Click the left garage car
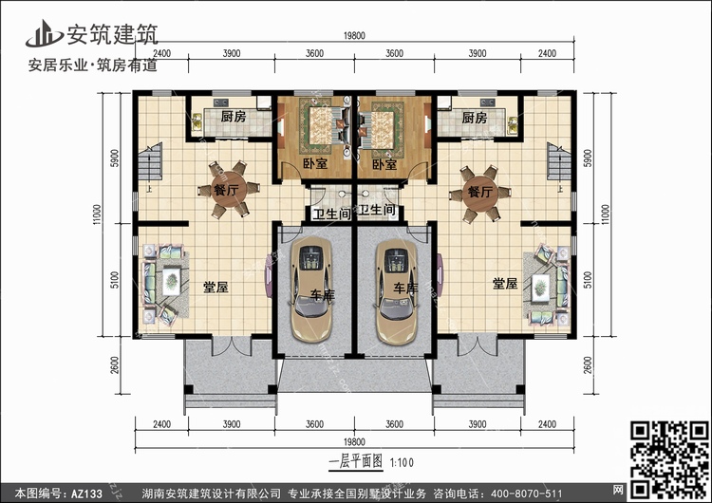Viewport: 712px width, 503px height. [x=312, y=289]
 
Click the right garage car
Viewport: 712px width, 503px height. [x=397, y=291]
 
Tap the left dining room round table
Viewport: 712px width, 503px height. [x=229, y=189]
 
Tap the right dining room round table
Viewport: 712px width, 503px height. [x=480, y=193]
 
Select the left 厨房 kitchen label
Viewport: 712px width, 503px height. [x=234, y=117]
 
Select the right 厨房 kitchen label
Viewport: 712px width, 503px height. [x=474, y=118]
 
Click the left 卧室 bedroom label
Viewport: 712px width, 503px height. [x=315, y=163]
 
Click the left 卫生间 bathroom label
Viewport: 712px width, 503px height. [x=332, y=214]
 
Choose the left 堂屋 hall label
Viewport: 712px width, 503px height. [x=215, y=287]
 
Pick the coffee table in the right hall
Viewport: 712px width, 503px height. [x=540, y=288]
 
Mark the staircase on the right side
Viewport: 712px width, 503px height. [x=558, y=162]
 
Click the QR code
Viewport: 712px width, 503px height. [x=669, y=459]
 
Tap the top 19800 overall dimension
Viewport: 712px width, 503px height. [x=354, y=35]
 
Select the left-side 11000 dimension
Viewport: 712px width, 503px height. [x=96, y=214]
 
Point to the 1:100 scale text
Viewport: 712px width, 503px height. [x=402, y=462]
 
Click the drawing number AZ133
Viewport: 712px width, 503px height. [x=86, y=494]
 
